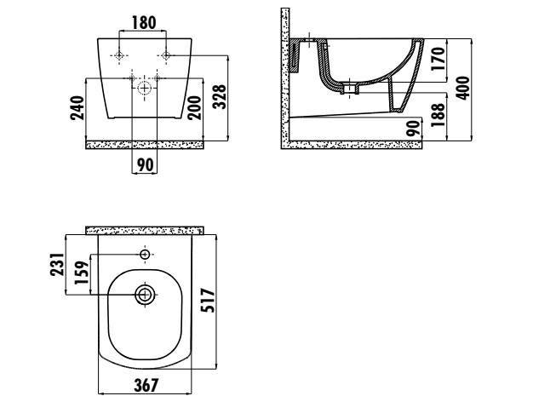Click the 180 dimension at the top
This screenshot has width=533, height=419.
tap(144, 23)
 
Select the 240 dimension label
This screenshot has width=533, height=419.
tap(77, 108)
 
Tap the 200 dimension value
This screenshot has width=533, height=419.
tap(194, 108)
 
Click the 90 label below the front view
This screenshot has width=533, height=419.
tap(145, 165)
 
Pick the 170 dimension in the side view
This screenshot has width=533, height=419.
tap(438, 59)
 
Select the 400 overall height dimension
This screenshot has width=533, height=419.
tap(462, 88)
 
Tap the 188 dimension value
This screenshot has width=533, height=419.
tap(438, 115)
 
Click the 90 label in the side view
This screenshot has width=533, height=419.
tap(414, 129)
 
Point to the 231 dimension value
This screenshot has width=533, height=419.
tap(57, 264)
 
